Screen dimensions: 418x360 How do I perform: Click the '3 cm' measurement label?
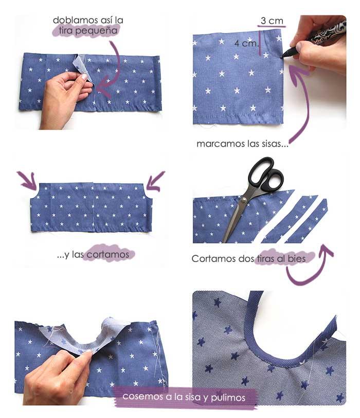[x=272, y=21]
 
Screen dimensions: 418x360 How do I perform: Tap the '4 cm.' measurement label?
[x=245, y=43]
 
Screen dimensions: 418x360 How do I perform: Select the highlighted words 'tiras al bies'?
[x=283, y=259]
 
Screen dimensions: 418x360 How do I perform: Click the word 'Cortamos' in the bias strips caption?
[x=210, y=259]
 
